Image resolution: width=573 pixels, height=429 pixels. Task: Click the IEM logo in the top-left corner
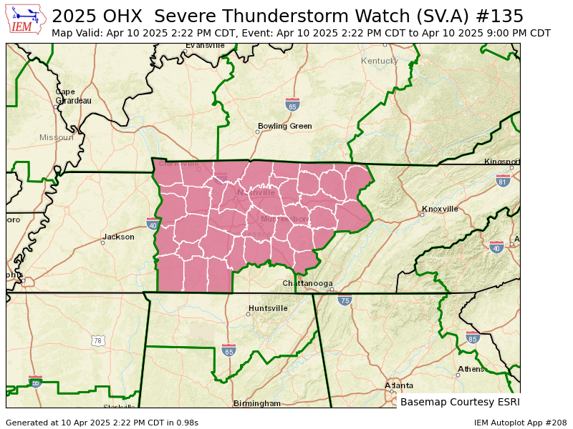[27, 19]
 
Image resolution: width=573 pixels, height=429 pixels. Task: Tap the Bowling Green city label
[284, 127]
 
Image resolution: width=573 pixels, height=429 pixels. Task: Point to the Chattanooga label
[307, 283]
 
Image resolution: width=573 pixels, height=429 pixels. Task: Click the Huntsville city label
[268, 308]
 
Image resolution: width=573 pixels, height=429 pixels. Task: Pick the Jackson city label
[118, 237]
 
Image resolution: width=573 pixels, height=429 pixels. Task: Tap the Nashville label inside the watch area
[256, 192]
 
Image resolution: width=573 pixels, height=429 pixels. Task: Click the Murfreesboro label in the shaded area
[284, 219]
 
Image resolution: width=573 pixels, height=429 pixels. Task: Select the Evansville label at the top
[205, 46]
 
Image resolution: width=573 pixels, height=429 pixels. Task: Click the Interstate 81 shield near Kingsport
[503, 181]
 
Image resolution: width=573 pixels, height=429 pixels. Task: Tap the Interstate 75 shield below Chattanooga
[345, 301]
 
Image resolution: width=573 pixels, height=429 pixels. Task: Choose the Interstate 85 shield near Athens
[472, 337]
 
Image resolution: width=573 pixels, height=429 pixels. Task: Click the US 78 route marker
[97, 341]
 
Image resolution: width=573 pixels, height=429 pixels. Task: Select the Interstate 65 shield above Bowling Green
[292, 105]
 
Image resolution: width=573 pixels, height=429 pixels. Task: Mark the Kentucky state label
[379, 61]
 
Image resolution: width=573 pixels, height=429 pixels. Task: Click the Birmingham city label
[257, 403]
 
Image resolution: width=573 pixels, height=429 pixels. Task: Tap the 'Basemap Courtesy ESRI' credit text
[459, 402]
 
